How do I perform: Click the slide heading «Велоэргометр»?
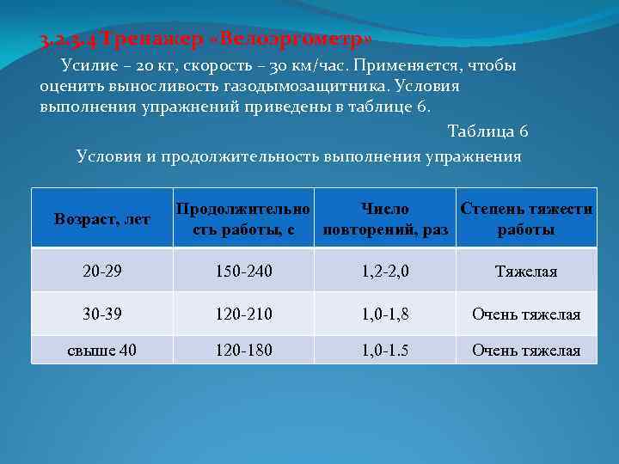(x=206, y=40)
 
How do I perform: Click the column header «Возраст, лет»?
(x=101, y=219)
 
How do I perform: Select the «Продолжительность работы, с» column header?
(x=243, y=219)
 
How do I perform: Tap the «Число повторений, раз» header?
(x=385, y=219)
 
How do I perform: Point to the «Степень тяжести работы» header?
(x=526, y=219)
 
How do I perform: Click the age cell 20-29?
(x=101, y=272)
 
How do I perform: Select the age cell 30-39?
(x=101, y=314)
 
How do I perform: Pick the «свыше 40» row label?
(x=101, y=350)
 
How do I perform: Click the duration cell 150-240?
(x=243, y=272)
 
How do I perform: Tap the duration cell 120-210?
(x=243, y=314)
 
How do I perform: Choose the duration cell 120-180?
(x=243, y=350)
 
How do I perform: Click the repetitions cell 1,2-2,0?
(x=385, y=272)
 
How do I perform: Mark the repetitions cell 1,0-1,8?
(x=385, y=314)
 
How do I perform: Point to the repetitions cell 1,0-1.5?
(x=385, y=350)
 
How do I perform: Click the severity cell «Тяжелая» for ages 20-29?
(x=526, y=272)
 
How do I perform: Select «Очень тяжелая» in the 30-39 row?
(x=526, y=314)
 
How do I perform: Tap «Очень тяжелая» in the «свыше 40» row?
(x=526, y=350)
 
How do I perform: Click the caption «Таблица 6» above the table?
(x=487, y=131)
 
